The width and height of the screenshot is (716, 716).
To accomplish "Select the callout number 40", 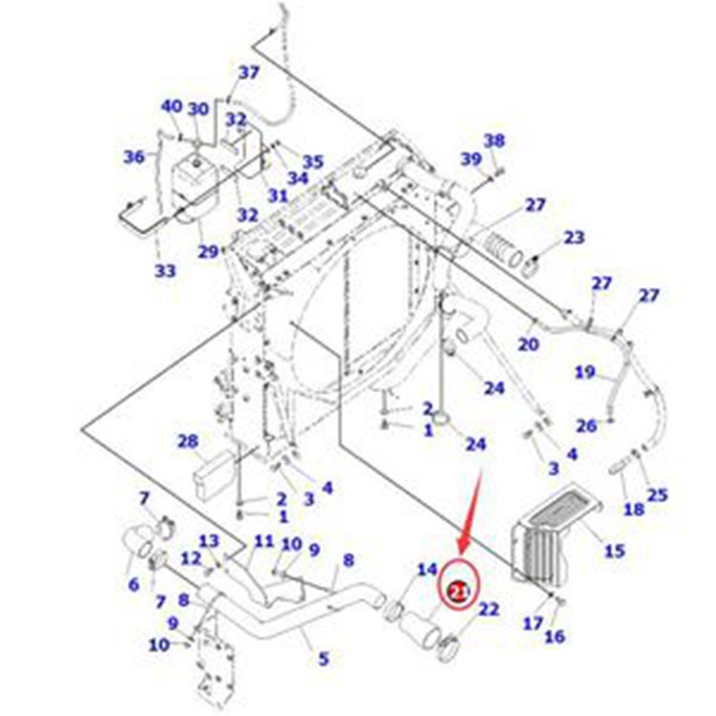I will (170, 107).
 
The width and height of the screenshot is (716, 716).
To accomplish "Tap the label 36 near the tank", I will (135, 157).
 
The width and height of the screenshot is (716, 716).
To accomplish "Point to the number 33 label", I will (165, 271).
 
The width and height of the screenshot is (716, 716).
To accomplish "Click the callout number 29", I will (208, 251).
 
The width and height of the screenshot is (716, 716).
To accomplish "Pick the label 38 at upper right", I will (493, 140).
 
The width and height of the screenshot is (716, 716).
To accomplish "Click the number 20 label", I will (528, 344).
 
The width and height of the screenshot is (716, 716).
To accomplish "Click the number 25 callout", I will (657, 495).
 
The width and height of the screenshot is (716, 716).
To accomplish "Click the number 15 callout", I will (614, 550).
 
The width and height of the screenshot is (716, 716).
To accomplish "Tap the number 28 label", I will (187, 441).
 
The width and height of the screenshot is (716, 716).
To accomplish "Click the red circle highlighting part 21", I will (459, 592).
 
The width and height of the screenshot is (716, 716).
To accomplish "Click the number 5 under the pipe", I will (323, 658).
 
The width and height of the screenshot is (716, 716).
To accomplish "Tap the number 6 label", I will (133, 582).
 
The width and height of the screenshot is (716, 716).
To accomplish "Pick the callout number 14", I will (427, 571).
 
